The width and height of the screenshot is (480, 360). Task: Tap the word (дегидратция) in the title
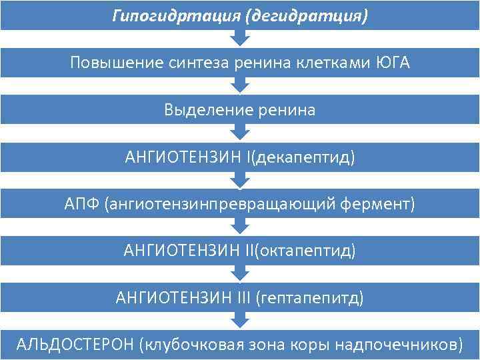306,15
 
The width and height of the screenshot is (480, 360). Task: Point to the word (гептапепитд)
310,297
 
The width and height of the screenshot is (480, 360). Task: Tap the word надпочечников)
398,345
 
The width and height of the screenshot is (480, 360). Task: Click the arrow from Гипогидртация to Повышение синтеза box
240,39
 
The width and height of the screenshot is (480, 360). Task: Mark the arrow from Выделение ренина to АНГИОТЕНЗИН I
240,133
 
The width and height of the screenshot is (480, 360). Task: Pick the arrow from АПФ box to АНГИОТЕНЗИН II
240,227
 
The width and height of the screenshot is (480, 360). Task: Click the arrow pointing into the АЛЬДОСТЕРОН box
240,321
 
